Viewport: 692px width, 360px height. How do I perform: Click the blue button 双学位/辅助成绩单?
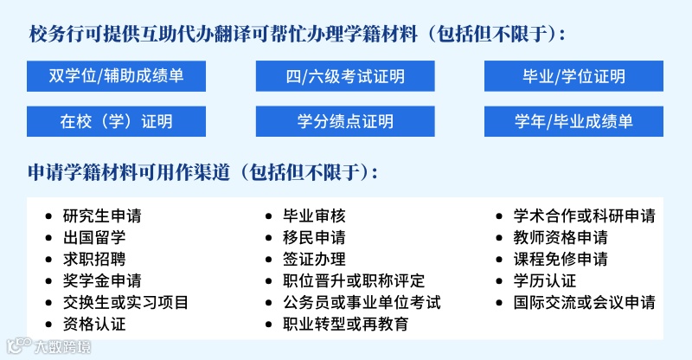[x=117, y=76]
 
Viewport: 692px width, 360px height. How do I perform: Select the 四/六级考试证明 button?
[x=344, y=76]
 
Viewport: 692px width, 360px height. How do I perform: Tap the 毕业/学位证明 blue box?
[x=573, y=76]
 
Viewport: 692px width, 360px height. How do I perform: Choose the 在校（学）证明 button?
[x=117, y=121]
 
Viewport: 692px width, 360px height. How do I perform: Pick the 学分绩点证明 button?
[x=344, y=121]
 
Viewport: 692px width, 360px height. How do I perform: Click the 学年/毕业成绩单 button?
[x=573, y=121]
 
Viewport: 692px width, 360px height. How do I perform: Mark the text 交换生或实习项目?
[x=125, y=302]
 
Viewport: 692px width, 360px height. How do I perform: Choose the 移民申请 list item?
[x=314, y=237]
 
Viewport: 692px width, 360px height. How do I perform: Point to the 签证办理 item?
[x=314, y=259]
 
